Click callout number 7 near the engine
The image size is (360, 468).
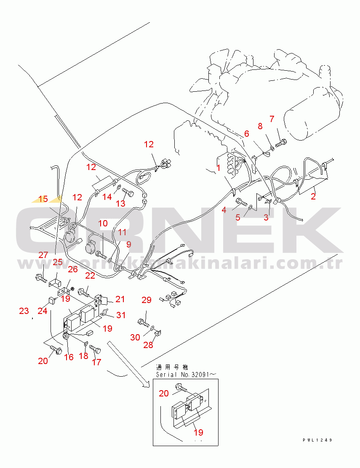pos(272,119)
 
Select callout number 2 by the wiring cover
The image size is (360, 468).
pos(313,196)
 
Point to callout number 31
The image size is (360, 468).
pos(121,315)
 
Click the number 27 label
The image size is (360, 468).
pos(44,255)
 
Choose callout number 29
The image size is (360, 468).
pos(146,300)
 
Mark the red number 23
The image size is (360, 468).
pos(24,311)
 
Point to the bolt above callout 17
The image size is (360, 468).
pos(95,349)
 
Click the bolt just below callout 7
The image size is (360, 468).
pos(282,143)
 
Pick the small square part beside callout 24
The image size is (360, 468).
pos(51,300)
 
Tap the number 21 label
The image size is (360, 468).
pos(120,299)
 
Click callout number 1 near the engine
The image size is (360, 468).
pos(219,168)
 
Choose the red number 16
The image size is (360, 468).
pos(69,357)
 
